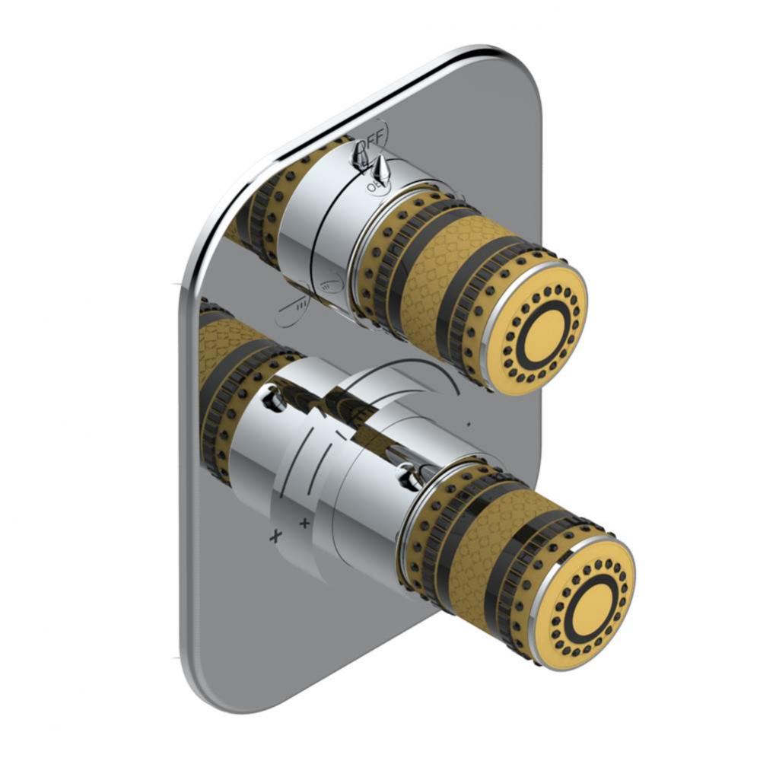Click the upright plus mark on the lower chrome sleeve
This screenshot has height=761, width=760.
pos(304,523)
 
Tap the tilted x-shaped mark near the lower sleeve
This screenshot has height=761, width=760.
pos(275,536)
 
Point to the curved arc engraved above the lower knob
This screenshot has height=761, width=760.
pos(411,368)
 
